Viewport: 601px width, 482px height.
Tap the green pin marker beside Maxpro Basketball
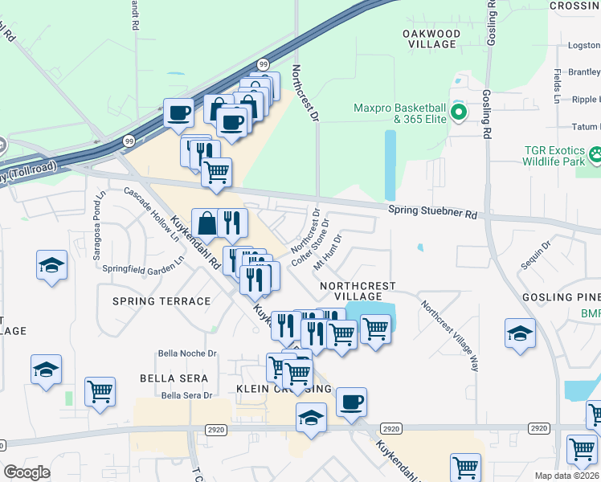459,112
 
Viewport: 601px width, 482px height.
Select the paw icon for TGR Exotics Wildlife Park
596,153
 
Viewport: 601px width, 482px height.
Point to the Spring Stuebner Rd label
432,212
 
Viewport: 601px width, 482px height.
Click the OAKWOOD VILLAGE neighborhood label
431,39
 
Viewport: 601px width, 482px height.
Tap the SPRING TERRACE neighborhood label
161,301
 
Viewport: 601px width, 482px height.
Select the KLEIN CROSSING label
283,389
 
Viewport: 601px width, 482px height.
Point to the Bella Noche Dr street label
188,353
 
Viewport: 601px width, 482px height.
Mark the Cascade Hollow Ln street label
153,214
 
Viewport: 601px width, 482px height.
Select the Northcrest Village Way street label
450,336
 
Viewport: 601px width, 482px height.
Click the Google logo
27,472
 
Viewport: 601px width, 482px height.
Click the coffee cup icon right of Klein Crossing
350,401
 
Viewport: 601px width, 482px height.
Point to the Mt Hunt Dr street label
328,251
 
